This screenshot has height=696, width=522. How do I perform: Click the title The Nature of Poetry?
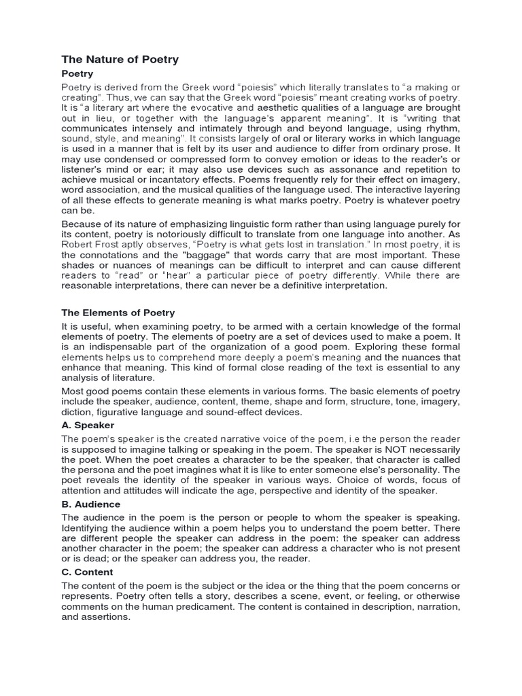tap(120, 59)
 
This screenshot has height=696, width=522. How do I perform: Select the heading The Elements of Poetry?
tap(118, 313)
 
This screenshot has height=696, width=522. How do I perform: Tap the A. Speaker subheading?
tap(88, 425)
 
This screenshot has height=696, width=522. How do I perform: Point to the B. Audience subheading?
tap(91, 504)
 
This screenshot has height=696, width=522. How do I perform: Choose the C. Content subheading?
tap(88, 572)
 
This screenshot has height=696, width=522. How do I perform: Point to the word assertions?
tap(106, 618)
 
